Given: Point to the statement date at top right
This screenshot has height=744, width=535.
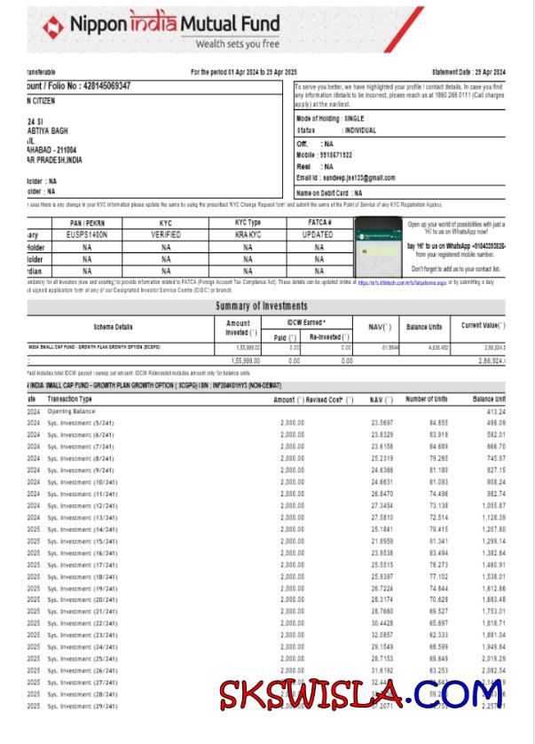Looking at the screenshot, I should coord(468,71).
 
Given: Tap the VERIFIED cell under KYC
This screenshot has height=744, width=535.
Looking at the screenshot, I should coord(166,234).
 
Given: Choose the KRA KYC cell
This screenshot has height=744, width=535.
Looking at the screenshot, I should coord(248,234).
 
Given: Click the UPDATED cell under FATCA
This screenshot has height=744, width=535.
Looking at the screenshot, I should coord(319,234).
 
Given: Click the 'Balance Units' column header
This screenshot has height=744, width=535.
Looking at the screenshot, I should coord(424,327).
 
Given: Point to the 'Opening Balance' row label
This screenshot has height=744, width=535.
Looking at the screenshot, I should coord(71,412).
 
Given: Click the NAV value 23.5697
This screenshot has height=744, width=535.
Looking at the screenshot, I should coord(382,423).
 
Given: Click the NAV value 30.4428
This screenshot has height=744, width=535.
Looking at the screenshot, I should coord(382,623).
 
